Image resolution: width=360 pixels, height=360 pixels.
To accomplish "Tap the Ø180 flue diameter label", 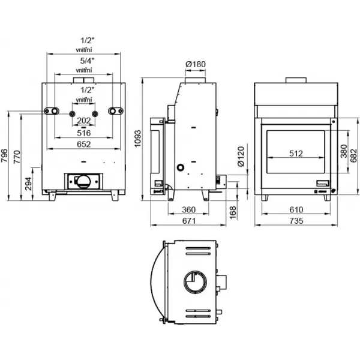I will (x=195, y=64).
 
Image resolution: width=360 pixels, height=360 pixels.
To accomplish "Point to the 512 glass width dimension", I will (x=296, y=153).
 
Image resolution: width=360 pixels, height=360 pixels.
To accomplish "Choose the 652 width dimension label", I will (x=83, y=143).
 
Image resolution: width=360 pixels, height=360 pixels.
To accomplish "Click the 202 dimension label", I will (x=83, y=120).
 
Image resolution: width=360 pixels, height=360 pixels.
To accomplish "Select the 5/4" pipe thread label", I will (x=83, y=61).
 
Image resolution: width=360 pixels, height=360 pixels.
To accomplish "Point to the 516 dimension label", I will (x=83, y=132).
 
